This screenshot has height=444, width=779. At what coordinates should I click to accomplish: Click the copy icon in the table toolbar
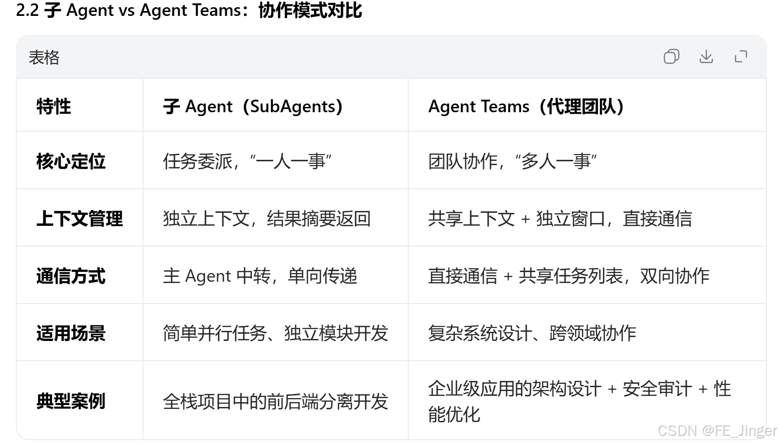[x=671, y=57]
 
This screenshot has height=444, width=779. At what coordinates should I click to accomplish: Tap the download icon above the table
[x=706, y=57]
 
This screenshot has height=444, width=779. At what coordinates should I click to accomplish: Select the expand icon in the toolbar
[x=741, y=57]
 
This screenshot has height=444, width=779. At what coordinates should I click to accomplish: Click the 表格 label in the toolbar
[x=44, y=57]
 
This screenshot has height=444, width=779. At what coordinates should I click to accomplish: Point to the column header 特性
[x=53, y=106]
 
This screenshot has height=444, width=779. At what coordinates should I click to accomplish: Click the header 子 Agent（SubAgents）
[x=253, y=106]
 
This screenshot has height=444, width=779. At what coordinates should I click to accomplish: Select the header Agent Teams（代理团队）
[x=526, y=106]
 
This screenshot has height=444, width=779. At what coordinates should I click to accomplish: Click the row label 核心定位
[x=71, y=161]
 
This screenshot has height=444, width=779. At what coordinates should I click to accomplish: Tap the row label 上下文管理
[x=79, y=219]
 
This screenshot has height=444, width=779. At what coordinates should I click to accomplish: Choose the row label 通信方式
[x=71, y=276]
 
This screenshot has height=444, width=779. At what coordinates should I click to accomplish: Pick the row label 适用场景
[x=71, y=333]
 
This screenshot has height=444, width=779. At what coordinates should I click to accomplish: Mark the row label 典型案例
[x=71, y=401]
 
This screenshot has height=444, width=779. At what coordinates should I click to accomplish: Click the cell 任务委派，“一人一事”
[x=247, y=161]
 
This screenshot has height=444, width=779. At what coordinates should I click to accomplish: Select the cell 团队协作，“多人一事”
[x=513, y=161]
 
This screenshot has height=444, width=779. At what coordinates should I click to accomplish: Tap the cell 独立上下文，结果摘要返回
[x=267, y=219]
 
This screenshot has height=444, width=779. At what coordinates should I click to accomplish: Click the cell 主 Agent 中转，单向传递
[x=260, y=276]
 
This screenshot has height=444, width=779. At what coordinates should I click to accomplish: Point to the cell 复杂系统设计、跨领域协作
[x=532, y=333]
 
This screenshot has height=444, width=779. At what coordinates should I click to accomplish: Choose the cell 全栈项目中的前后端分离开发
[x=275, y=401]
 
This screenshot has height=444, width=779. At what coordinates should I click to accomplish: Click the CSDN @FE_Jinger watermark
[x=717, y=430]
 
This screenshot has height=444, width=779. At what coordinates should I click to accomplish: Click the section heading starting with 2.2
[x=189, y=10]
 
